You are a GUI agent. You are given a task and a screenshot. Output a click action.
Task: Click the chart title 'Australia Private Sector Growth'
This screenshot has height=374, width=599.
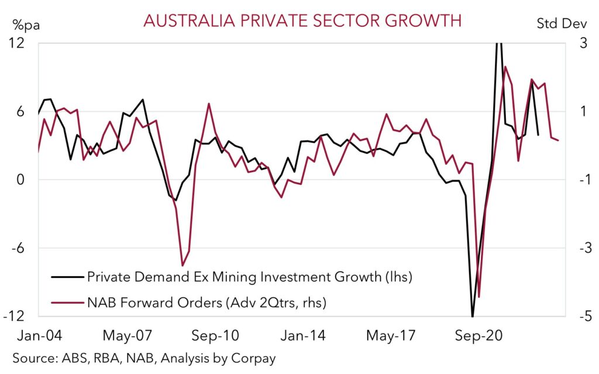coord(302,20)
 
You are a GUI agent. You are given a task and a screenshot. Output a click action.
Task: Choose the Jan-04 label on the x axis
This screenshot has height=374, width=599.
coord(39,337)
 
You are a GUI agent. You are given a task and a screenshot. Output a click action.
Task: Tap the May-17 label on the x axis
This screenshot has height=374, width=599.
coord(391,337)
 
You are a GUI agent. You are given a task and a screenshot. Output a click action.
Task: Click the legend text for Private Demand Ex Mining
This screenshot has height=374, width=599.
coord(250,276)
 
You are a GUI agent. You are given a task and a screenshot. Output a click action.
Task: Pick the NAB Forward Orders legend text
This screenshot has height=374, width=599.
coord(206,303)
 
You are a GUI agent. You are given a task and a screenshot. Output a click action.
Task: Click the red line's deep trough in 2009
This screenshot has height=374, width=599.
coord(183,265)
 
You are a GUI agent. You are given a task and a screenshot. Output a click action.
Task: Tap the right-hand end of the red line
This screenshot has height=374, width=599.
coord(558,140)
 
